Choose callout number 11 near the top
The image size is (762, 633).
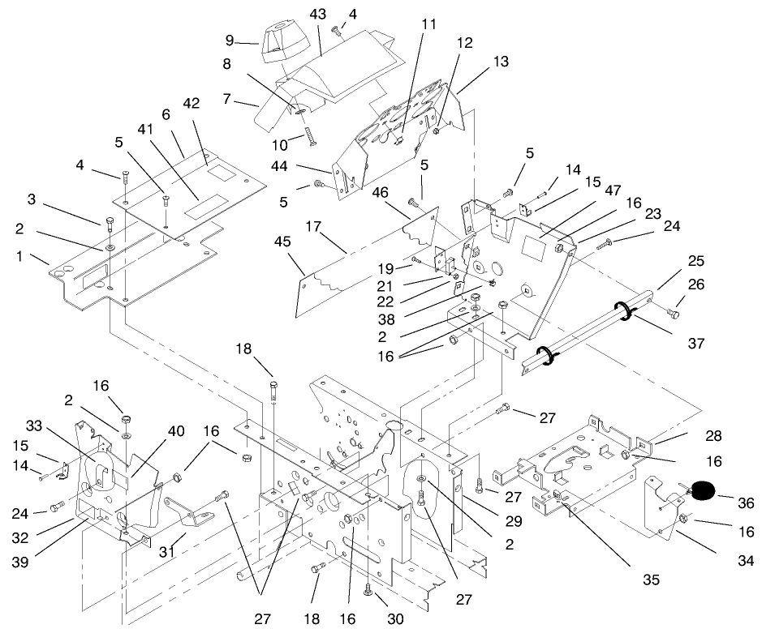(x=428, y=24)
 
